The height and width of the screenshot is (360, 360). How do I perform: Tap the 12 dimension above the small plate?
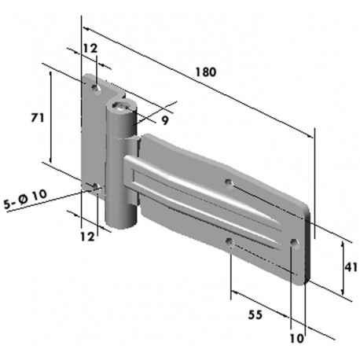pyautogui.click(x=90, y=49)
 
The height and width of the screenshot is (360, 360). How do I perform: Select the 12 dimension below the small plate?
pyautogui.click(x=87, y=236)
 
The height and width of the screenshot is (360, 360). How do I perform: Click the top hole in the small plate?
pyautogui.click(x=94, y=86)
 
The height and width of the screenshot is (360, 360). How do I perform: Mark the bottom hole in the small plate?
pyautogui.click(x=94, y=187)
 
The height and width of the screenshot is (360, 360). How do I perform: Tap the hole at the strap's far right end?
pyautogui.click(x=294, y=244)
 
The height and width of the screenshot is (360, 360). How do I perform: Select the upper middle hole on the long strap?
pyautogui.click(x=229, y=183)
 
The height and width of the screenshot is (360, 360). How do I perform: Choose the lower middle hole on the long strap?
pyautogui.click(x=229, y=241)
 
